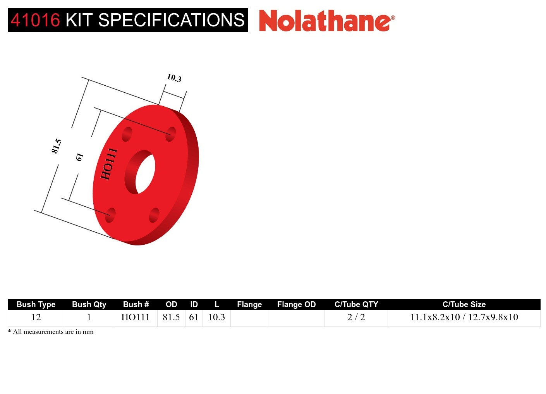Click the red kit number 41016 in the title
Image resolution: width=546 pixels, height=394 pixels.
[x=35, y=20]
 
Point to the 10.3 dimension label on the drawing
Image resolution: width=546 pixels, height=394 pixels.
[x=174, y=78]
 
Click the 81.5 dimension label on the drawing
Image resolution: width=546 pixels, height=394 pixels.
[x=57, y=146]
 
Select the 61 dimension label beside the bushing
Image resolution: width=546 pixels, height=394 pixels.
[x=79, y=157]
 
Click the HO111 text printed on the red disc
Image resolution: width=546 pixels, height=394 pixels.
[x=108, y=164]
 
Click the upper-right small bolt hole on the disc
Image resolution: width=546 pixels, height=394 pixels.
[x=170, y=134]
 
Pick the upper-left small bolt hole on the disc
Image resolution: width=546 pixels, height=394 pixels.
[x=127, y=135]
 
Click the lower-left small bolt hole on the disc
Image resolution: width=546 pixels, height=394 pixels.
[x=110, y=215]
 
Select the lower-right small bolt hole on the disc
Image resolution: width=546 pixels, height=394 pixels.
[x=154, y=215]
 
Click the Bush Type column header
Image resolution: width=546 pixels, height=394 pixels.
[x=36, y=304]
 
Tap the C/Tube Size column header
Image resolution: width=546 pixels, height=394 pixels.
[x=464, y=304]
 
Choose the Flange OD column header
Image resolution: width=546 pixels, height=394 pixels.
[x=296, y=304]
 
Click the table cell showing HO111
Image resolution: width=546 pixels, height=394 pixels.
[x=136, y=317]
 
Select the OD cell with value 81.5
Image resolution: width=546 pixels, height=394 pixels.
[x=171, y=317]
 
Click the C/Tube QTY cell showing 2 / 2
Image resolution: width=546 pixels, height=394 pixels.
[x=356, y=317]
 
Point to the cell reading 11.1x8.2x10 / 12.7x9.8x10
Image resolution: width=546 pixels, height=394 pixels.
[x=464, y=317]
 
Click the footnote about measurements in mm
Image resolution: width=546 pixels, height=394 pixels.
[x=51, y=332]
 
